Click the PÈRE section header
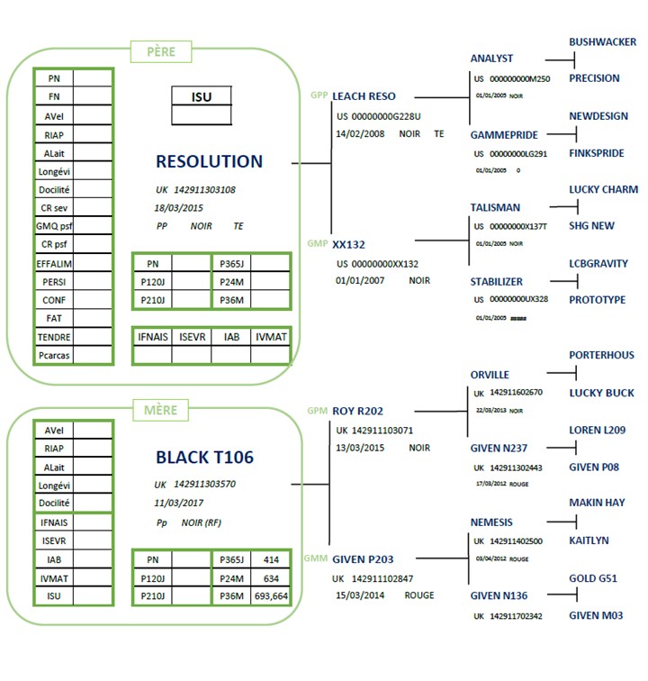click(161, 52)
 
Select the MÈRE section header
click(161, 410)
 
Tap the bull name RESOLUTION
click(209, 162)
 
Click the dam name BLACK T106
click(204, 458)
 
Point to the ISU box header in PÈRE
click(202, 96)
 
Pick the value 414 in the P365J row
click(270, 559)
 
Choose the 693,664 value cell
click(270, 596)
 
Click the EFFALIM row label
click(53, 263)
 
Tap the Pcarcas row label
click(53, 355)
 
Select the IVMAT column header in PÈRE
click(270, 336)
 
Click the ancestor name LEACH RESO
click(364, 96)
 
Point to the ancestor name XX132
click(348, 244)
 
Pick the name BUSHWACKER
click(602, 42)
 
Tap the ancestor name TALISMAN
click(495, 208)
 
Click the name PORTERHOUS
click(601, 356)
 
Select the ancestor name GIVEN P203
click(363, 559)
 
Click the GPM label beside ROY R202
click(317, 411)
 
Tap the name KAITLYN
click(589, 540)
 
